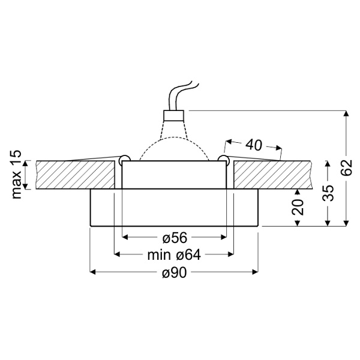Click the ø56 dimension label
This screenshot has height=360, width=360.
click(174, 236)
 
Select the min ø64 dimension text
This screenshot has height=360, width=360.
click(173, 254)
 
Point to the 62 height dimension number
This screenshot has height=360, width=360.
click(346, 169)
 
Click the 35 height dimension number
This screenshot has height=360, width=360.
click(328, 193)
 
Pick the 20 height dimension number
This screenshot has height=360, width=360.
click(298, 206)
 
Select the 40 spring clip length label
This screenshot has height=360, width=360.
click(254, 145)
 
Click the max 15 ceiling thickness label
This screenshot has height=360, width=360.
click(16, 175)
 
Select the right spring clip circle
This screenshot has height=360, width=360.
click(224, 159)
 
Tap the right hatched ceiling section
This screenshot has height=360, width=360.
click(270, 175)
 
